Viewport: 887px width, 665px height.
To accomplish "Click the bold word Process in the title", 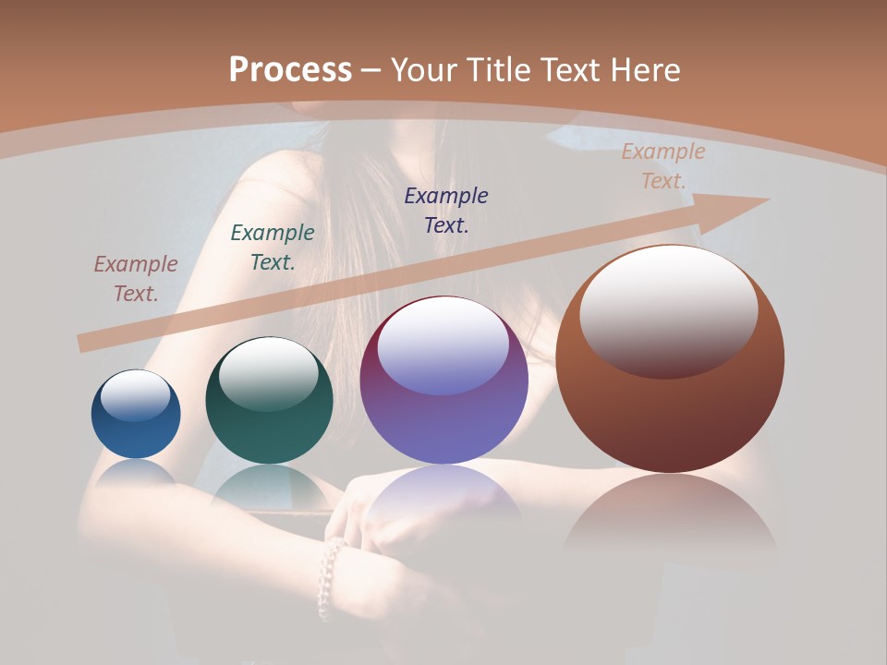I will (290, 70).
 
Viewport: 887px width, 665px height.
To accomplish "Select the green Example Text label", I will (273, 248).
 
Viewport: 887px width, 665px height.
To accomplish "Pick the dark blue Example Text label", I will (446, 210).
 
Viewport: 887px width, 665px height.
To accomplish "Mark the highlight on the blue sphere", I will (136, 395).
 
